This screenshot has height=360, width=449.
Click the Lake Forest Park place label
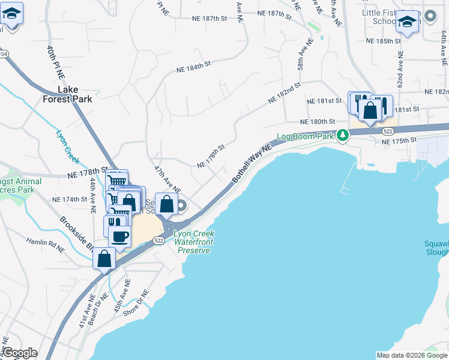pos(76,94)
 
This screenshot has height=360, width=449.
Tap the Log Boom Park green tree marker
pos(342,135)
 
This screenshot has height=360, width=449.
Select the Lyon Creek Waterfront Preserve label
pos(194,242)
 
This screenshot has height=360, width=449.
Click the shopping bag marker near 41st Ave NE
pos(104,259)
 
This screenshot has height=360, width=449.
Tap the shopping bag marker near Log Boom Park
pos(370,110)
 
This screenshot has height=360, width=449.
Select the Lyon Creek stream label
pos(67,147)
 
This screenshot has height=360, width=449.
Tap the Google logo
pos(20,353)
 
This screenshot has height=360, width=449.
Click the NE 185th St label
pos(384,41)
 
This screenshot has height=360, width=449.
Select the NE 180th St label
pos(316,121)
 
